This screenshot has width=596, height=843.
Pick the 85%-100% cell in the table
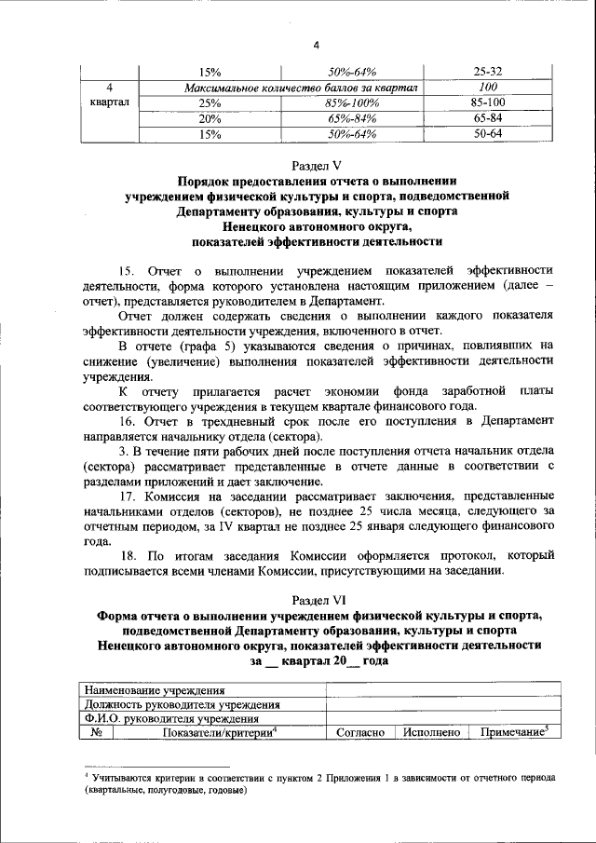point(349,102)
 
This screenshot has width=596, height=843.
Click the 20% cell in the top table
point(210,118)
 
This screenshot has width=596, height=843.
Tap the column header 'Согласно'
point(359,733)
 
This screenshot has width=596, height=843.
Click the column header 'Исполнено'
point(432,733)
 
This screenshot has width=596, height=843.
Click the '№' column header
point(96,733)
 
